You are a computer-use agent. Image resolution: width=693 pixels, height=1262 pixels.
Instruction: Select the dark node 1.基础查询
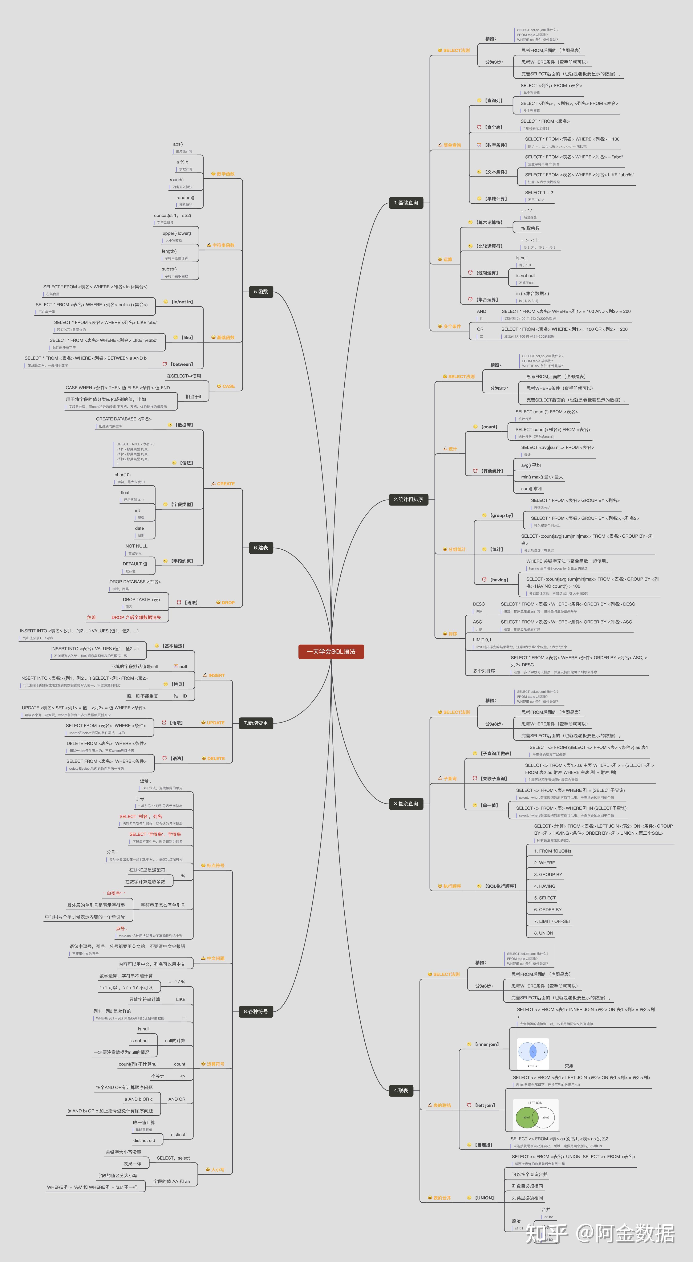406,202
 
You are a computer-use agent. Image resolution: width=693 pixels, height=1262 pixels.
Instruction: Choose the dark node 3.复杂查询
406,803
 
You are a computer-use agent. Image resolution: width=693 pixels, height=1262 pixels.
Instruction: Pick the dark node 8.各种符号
256,1011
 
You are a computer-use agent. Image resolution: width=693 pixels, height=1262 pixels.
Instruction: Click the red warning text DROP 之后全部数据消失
136,617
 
